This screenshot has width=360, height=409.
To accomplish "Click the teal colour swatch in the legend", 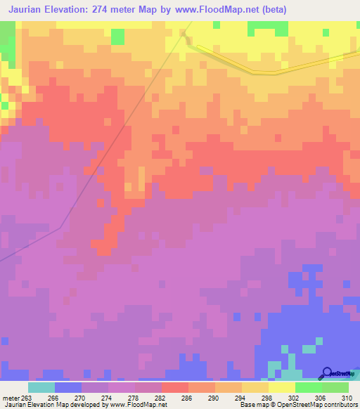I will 41,387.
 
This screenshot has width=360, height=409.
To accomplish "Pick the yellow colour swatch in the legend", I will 281,387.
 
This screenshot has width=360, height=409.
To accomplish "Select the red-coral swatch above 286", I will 174,387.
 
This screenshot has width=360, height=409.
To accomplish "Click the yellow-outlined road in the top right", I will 274,72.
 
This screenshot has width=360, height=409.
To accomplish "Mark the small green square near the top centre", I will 117,36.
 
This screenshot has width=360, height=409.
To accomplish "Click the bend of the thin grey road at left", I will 62,226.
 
